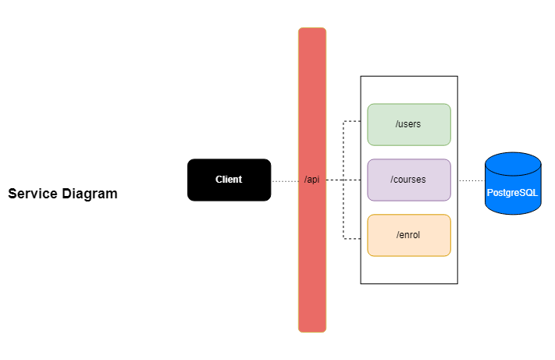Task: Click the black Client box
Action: click(229, 180)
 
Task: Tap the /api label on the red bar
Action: click(311, 180)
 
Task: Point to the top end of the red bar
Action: click(311, 31)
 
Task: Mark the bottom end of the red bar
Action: click(311, 329)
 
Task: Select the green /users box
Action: click(409, 124)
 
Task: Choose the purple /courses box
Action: click(409, 180)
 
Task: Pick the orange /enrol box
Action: click(409, 235)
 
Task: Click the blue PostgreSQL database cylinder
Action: click(512, 184)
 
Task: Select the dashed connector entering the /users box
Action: click(355, 122)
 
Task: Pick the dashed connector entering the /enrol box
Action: click(355, 238)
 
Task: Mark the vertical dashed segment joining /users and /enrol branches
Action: click(343, 148)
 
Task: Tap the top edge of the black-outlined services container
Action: click(408, 77)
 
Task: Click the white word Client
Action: click(229, 180)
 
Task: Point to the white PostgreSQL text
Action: click(512, 192)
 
